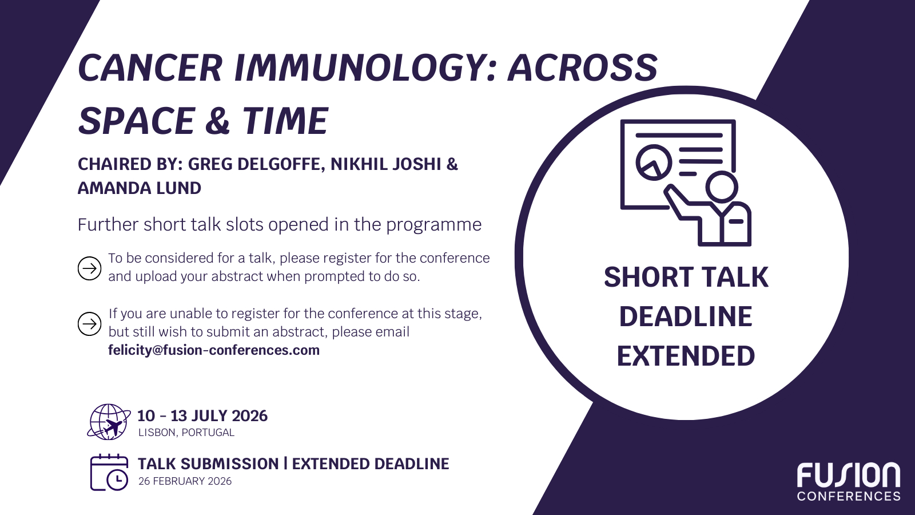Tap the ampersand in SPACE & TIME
pyautogui.click(x=217, y=120)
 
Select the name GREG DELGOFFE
pyautogui.click(x=257, y=164)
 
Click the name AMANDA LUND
pyautogui.click(x=140, y=188)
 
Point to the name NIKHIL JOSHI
pyautogui.click(x=386, y=164)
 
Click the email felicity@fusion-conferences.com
pyautogui.click(x=214, y=350)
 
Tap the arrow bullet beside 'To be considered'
pyautogui.click(x=89, y=268)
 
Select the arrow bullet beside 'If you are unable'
pyautogui.click(x=89, y=324)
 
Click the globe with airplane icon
pyautogui.click(x=109, y=422)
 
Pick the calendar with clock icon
pyautogui.click(x=109, y=473)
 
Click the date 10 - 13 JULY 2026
pyautogui.click(x=202, y=416)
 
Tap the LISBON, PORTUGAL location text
pyautogui.click(x=186, y=433)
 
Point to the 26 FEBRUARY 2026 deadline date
pyautogui.click(x=185, y=481)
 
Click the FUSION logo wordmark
pyautogui.click(x=849, y=476)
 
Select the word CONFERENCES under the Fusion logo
pyautogui.click(x=849, y=496)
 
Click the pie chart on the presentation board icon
pyautogui.click(x=654, y=163)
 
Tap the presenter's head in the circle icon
pyautogui.click(x=722, y=187)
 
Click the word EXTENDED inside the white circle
pyautogui.click(x=686, y=356)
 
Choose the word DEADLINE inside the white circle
pyautogui.click(x=686, y=317)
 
